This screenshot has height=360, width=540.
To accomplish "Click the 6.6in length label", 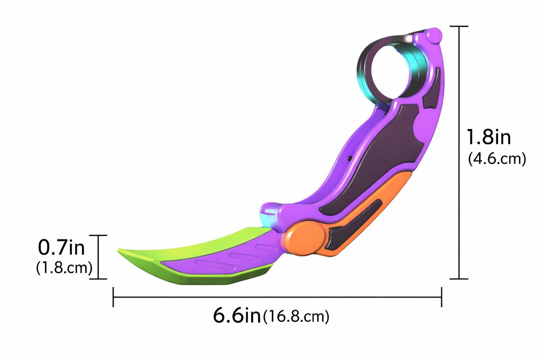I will [x=237, y=316].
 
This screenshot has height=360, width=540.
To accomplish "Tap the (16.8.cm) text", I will [x=296, y=317].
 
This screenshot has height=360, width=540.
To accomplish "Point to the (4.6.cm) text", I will [x=497, y=159].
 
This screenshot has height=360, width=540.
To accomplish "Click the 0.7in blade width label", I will [x=62, y=247].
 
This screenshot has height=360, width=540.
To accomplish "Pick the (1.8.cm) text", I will [x=64, y=268].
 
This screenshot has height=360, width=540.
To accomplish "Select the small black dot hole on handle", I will [x=349, y=159].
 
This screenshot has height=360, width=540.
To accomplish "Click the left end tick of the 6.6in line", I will [x=113, y=297].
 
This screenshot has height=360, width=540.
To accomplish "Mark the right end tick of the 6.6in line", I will [x=441, y=297].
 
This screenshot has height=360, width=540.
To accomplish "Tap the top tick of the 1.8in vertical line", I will [x=459, y=27].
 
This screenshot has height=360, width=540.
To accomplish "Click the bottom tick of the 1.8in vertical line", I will [x=459, y=279].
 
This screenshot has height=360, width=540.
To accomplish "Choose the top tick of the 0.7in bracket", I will [x=99, y=236].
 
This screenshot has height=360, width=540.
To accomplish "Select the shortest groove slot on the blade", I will [x=266, y=247].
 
